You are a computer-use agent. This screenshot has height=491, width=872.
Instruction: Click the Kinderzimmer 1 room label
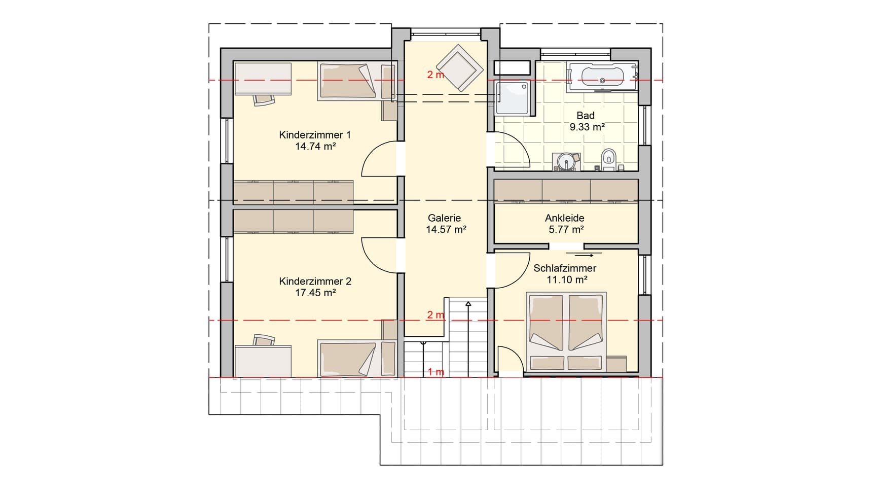click(315, 135)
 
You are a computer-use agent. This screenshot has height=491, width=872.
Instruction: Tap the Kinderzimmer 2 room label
click(315, 281)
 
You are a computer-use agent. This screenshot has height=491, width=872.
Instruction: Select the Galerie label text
click(445, 218)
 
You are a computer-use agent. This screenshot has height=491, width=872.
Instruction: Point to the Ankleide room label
click(565, 218)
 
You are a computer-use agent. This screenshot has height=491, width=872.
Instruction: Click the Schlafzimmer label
click(565, 268)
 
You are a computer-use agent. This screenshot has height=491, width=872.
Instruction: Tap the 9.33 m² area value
click(587, 127)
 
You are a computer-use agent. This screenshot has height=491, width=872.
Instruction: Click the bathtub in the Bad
click(602, 77)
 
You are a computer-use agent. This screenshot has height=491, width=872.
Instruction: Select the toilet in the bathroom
click(608, 159)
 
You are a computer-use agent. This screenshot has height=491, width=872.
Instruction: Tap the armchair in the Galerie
click(460, 68)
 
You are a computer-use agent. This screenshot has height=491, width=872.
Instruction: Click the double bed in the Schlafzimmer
click(566, 332)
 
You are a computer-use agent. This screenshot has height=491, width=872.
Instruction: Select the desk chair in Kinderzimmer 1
click(264, 99)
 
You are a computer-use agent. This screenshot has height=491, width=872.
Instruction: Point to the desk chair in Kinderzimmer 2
click(264, 340)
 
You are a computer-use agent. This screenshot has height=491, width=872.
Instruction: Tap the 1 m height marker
click(435, 372)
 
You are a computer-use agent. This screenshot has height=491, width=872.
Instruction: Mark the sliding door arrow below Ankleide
click(580, 255)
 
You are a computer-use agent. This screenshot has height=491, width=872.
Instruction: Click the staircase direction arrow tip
click(468, 302)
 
